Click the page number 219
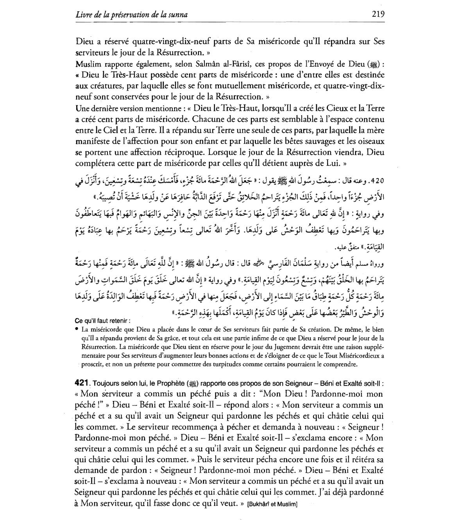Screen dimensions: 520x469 [378, 14]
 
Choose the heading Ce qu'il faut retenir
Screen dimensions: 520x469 [102, 321]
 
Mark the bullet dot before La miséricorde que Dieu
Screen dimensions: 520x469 [77, 329]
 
